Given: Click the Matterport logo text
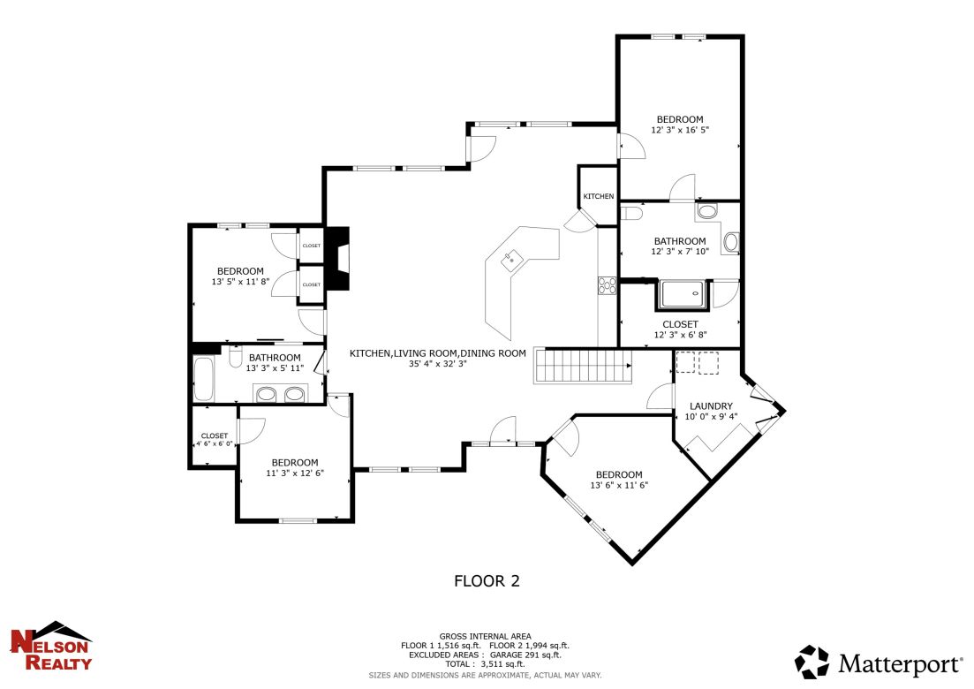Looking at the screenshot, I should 900,662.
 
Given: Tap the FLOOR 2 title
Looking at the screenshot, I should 487,581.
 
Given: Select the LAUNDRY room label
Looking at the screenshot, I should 711,406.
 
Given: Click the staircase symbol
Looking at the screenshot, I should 584,365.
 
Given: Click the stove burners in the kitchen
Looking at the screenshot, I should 608,284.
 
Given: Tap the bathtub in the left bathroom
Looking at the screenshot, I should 203,379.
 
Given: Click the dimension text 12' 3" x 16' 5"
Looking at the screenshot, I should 680,130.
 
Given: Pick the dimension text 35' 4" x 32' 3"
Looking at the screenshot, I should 437,364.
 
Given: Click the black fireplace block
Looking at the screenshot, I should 338,258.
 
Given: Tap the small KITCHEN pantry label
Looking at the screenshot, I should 598,196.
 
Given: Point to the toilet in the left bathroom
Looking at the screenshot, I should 236,358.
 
